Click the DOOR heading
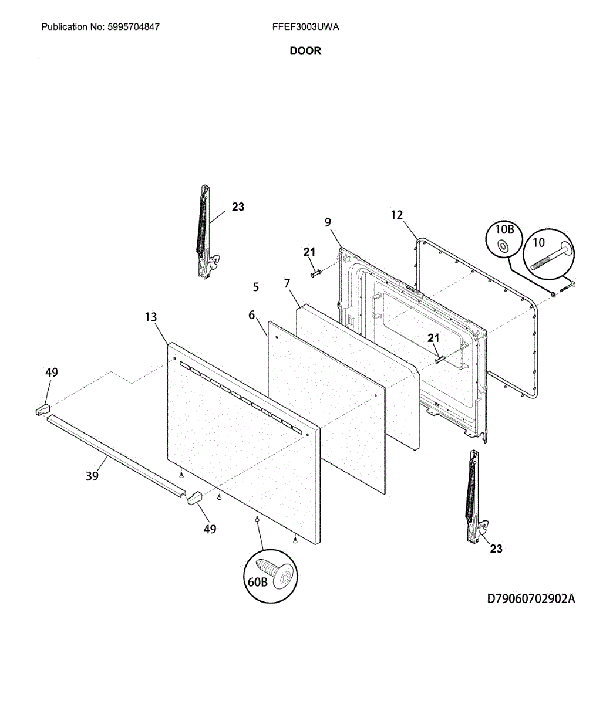305,50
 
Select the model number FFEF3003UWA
305,27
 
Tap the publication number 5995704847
134,27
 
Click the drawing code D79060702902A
531,599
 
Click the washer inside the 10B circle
503,246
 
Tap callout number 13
151,317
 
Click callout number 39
92,476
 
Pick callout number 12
397,215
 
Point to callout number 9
328,222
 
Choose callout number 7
287,283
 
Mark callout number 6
252,315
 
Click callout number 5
256,287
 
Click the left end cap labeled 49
42,408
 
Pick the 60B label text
257,582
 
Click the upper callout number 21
309,252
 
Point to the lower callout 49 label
210,529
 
